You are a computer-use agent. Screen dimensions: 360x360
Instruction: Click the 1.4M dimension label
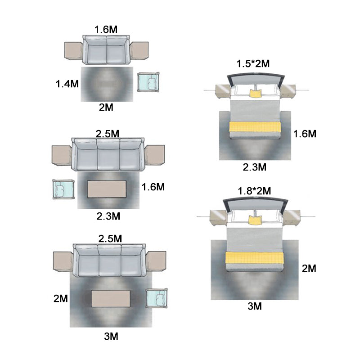(67, 84)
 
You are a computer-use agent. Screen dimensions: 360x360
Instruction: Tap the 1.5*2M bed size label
(253, 63)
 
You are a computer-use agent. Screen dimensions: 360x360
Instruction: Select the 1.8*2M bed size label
(254, 191)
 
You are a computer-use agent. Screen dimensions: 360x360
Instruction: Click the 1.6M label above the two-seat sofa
(106, 29)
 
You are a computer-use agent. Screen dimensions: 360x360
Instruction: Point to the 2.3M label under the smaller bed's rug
(255, 167)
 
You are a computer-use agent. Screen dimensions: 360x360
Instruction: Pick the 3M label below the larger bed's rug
(255, 306)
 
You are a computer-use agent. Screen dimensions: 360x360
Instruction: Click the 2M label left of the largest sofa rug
(61, 298)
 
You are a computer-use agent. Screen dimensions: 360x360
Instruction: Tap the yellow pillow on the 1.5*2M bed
(255, 94)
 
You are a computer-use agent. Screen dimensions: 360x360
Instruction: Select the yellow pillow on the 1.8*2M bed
(255, 220)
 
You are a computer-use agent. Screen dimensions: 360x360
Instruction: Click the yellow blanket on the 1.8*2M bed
(255, 258)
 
